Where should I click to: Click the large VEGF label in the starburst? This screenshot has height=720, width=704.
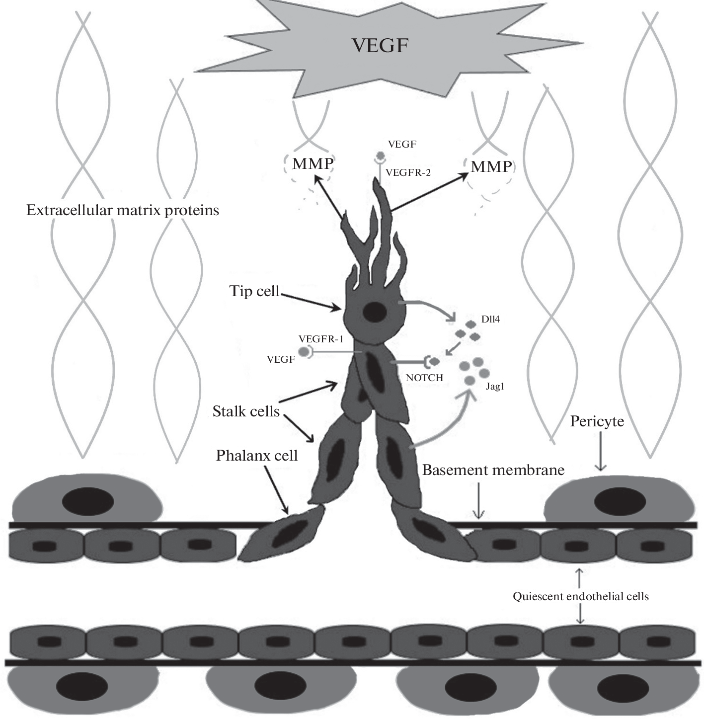(380, 45)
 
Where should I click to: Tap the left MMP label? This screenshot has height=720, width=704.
(313, 163)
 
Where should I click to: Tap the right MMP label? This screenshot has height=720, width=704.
(491, 166)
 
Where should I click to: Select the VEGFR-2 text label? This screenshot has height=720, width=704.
(408, 173)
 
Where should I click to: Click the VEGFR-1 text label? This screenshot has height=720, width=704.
(321, 339)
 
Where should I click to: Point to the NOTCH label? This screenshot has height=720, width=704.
(424, 378)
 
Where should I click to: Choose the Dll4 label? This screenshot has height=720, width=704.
(490, 319)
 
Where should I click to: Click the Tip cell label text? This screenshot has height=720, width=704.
(254, 291)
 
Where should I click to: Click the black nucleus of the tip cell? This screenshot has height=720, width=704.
(375, 312)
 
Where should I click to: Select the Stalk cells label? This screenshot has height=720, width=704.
(246, 411)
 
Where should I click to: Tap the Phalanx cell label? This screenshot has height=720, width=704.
(257, 456)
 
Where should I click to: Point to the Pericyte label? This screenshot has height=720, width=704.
(597, 421)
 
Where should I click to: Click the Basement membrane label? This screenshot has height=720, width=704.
(493, 470)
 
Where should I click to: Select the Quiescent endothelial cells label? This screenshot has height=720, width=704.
(581, 596)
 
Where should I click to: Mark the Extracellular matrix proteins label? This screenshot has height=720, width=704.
(123, 210)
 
